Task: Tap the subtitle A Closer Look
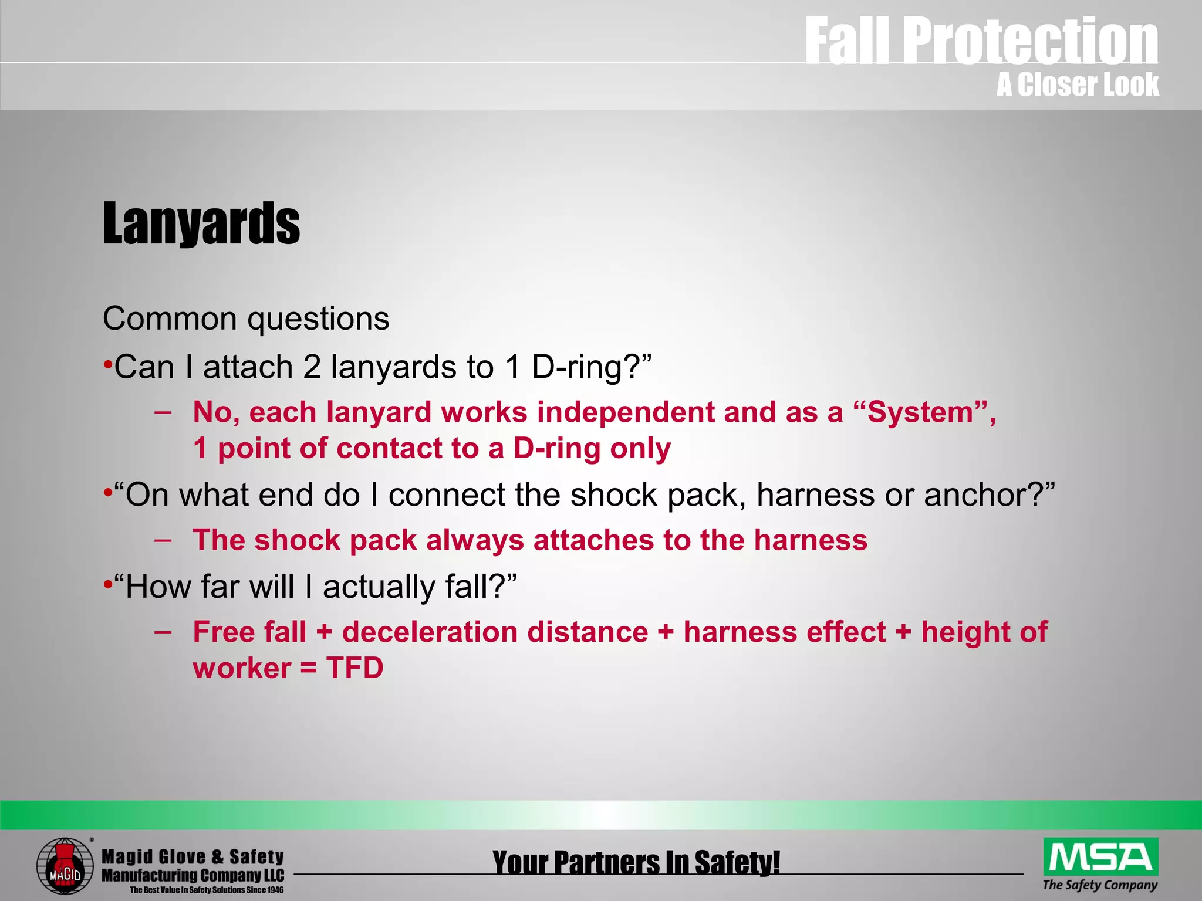pyautogui.click(x=1077, y=84)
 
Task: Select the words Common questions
pyautogui.click(x=246, y=319)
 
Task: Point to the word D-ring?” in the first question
pyautogui.click(x=592, y=367)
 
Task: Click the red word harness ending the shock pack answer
pyautogui.click(x=811, y=540)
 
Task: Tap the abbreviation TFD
pyautogui.click(x=354, y=668)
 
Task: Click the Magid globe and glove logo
pyautogui.click(x=65, y=866)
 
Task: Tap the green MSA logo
pyautogui.click(x=1100, y=857)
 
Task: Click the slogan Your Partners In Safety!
pyautogui.click(x=636, y=863)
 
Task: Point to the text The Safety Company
pyautogui.click(x=1100, y=885)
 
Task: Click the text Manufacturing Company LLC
pyautogui.click(x=193, y=876)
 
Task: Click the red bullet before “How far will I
pyautogui.click(x=107, y=584)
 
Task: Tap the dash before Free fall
pyautogui.click(x=163, y=631)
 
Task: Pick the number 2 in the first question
pyautogui.click(x=312, y=367)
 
